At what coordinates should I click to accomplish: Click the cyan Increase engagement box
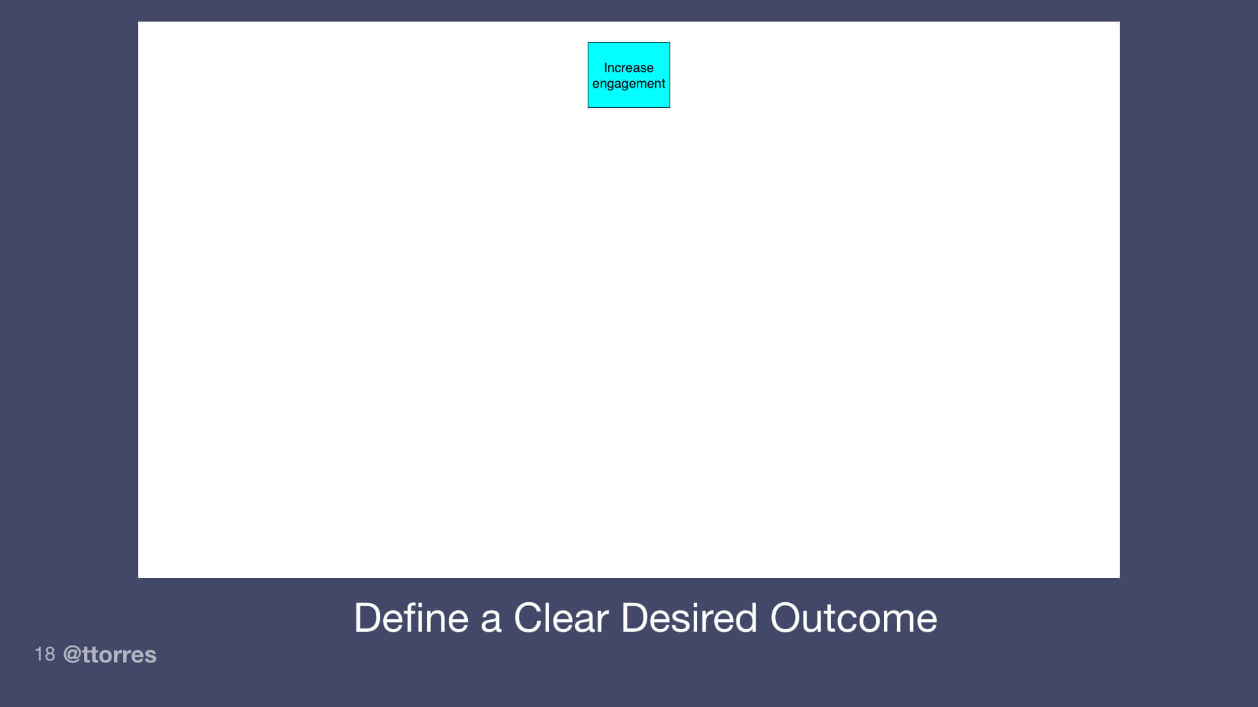(x=628, y=75)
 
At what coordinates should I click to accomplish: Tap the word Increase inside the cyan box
(x=628, y=67)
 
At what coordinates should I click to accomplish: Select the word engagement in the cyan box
(x=628, y=84)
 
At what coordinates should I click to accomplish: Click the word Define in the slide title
(x=411, y=617)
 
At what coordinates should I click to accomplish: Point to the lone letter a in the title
(x=491, y=619)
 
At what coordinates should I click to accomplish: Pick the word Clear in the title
(x=561, y=617)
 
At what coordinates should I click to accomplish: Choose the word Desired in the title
(x=689, y=617)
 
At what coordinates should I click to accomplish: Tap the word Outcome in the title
(x=853, y=617)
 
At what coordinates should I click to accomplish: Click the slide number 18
(x=45, y=654)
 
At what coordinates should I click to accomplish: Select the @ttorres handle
(x=109, y=655)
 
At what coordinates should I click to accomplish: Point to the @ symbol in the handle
(x=71, y=655)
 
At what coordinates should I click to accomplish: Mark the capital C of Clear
(x=528, y=617)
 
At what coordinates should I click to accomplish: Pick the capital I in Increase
(x=605, y=67)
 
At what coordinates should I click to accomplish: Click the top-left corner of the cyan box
(x=588, y=43)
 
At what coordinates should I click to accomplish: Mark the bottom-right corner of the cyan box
(x=670, y=107)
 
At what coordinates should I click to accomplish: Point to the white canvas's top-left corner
(x=139, y=22)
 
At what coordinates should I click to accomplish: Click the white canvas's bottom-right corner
(x=1119, y=577)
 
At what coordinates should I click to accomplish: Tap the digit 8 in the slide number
(x=50, y=654)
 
